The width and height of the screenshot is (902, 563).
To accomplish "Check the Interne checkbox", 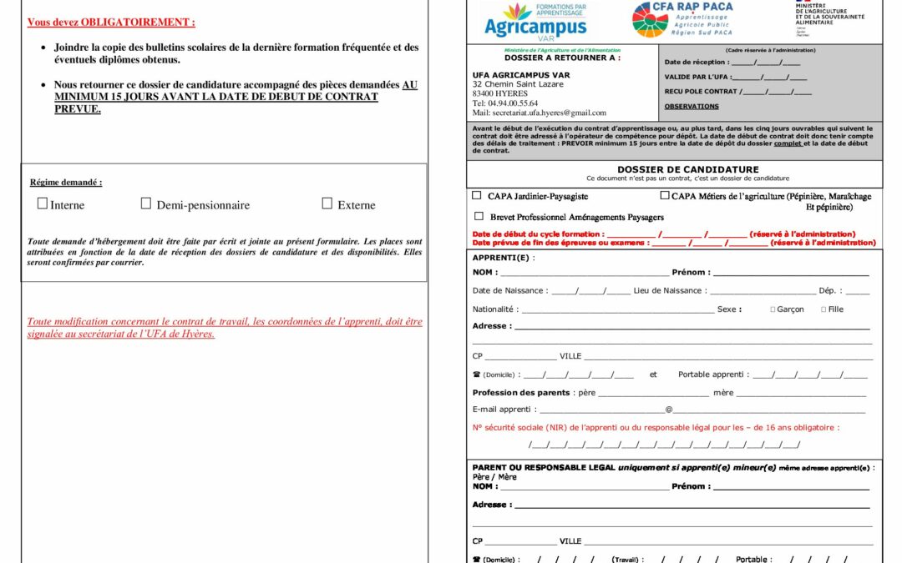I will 43,204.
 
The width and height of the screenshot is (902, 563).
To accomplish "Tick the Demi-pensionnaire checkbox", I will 146,204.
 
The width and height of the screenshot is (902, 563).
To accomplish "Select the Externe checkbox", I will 327,204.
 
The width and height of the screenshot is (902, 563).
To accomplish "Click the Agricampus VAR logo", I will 535,20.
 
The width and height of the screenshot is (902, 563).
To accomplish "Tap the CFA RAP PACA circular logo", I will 651,20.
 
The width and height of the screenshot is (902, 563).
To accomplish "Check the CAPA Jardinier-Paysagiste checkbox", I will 477,195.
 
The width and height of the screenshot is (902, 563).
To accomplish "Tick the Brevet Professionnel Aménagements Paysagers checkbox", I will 479,216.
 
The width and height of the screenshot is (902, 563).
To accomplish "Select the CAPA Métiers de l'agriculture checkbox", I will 665,195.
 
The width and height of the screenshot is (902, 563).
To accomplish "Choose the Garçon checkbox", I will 773,309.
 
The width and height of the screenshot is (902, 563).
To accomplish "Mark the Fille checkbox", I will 823,309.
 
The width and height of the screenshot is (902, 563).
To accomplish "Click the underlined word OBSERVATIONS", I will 691,106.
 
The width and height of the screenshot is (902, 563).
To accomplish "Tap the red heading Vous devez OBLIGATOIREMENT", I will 111,23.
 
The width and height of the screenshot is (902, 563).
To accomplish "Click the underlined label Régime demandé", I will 66,182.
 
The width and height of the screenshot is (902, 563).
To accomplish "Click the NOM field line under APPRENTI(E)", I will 584,274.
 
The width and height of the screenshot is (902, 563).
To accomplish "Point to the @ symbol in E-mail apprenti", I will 668,410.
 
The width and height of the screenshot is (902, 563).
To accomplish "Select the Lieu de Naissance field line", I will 762,293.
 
